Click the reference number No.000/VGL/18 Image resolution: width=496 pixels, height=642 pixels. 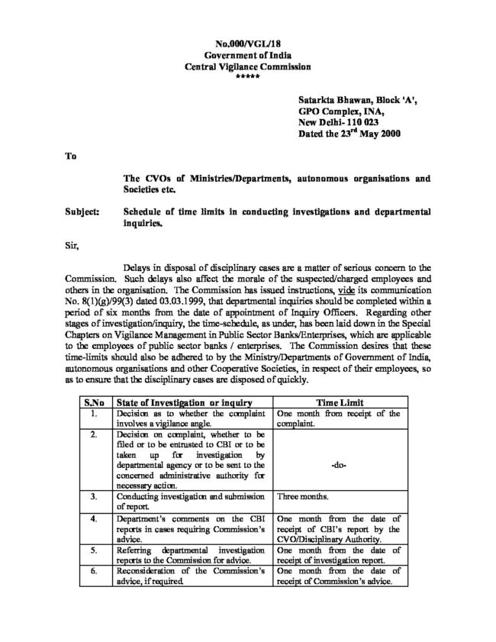(x=248, y=47)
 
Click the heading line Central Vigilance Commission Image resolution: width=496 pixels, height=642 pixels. (x=248, y=67)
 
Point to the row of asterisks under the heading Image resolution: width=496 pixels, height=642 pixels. (x=248, y=77)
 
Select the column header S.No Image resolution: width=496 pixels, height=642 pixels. (x=95, y=403)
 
